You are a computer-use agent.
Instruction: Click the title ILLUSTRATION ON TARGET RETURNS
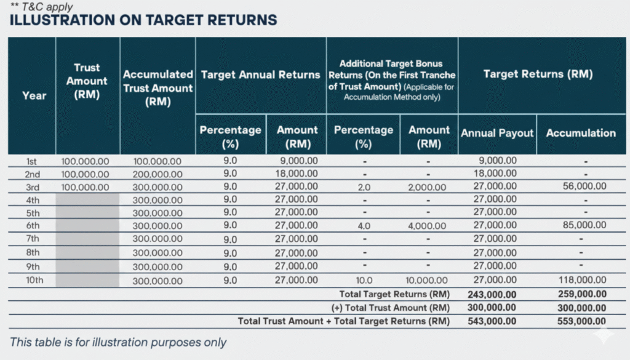click(x=143, y=20)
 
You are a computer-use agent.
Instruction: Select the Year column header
click(x=34, y=95)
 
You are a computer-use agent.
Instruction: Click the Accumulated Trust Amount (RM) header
click(x=157, y=88)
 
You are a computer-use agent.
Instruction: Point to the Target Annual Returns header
click(x=261, y=74)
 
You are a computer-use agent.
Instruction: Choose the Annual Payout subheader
click(x=497, y=133)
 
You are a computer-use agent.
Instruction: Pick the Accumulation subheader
click(x=580, y=133)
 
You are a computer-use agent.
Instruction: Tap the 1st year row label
click(x=32, y=161)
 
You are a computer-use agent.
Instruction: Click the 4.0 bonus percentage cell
click(x=363, y=226)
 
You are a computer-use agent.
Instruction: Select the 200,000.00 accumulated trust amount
click(x=157, y=174)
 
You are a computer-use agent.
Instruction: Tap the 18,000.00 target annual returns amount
click(x=297, y=174)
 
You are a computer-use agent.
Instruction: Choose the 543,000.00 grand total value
click(x=492, y=321)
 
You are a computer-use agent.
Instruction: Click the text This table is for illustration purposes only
click(x=118, y=343)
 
